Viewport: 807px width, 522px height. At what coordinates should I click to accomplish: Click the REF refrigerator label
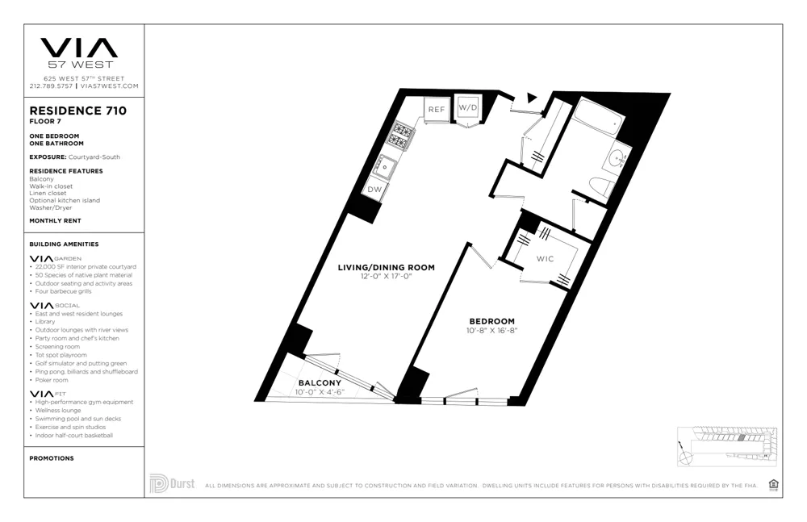[x=437, y=109]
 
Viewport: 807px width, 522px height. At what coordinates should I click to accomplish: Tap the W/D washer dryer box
[x=467, y=107]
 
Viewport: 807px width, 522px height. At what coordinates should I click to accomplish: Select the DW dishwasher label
[x=374, y=189]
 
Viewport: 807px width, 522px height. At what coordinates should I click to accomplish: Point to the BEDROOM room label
[x=491, y=321]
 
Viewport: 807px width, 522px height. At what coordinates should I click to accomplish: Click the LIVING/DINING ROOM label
[x=387, y=267]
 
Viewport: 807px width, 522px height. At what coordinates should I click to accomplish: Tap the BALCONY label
[x=320, y=382]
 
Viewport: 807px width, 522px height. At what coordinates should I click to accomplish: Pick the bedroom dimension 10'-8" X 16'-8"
[x=491, y=331]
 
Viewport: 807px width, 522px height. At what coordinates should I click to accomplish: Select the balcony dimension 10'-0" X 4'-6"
[x=320, y=392]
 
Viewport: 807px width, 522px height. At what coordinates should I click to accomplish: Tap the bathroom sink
[x=618, y=157]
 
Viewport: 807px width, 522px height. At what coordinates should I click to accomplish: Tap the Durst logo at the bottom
[x=172, y=483]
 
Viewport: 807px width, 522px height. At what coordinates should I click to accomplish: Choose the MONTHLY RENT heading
[x=55, y=220]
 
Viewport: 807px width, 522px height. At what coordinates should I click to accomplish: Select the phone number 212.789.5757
[x=51, y=86]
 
